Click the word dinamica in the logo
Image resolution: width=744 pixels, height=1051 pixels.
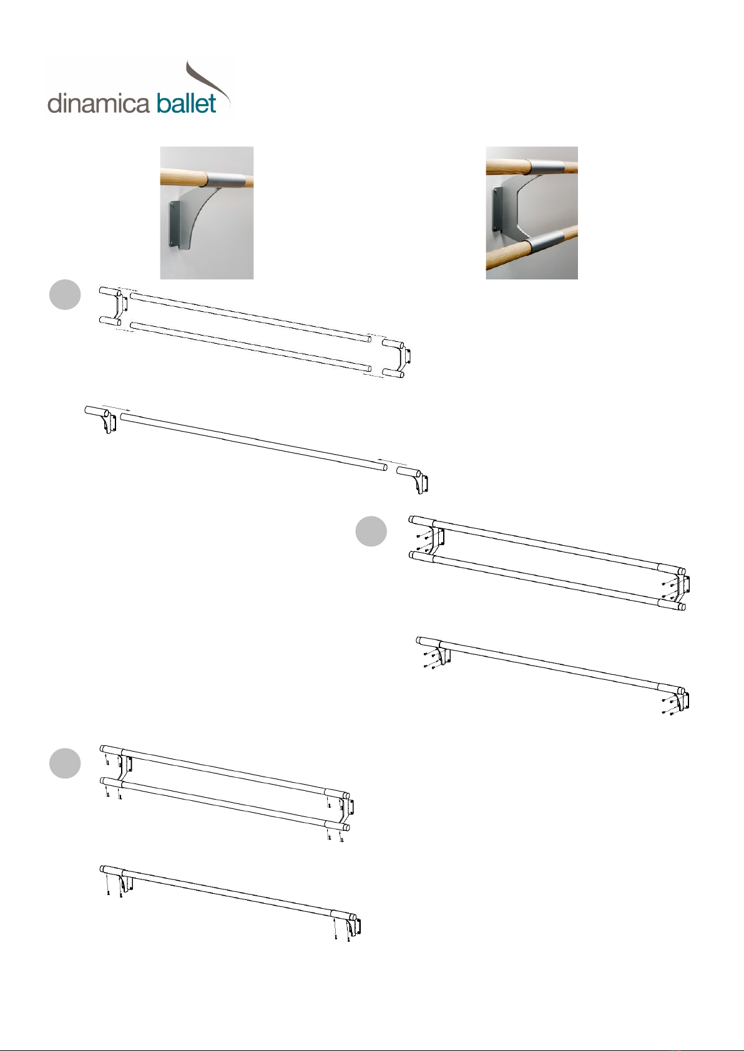pos(99,104)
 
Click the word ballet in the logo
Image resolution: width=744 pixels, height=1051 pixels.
pos(187,103)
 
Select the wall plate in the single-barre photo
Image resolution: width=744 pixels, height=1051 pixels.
pos(175,225)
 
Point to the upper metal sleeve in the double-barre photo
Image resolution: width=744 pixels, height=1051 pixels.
pos(544,168)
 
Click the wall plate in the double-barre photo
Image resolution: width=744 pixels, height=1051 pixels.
pos(497,210)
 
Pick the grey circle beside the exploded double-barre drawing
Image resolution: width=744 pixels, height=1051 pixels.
pos(65,294)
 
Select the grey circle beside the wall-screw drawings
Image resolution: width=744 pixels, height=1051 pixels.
pos(371,531)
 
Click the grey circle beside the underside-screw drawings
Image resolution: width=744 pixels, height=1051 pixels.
pos(65,763)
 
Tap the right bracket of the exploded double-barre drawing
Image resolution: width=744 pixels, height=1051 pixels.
pos(397,359)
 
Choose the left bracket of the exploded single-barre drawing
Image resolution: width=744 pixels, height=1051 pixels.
pos(101,419)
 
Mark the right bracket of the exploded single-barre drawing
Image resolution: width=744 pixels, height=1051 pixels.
pos(413,479)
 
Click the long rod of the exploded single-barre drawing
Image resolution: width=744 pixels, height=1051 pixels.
pos(253,441)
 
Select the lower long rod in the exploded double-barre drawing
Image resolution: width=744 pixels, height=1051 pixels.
pos(251,347)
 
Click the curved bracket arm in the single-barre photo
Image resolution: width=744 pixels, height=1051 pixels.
pos(200,216)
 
